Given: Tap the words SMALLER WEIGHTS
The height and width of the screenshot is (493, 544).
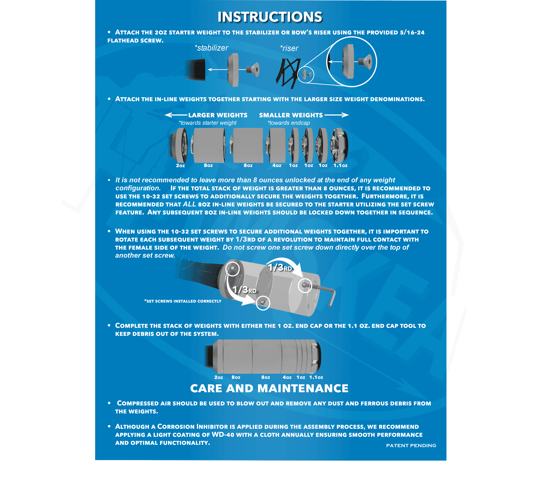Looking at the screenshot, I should (x=291, y=115).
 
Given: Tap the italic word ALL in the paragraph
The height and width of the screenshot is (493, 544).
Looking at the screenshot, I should (x=189, y=204).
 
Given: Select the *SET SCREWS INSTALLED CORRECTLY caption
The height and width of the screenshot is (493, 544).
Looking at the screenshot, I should (x=183, y=301).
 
